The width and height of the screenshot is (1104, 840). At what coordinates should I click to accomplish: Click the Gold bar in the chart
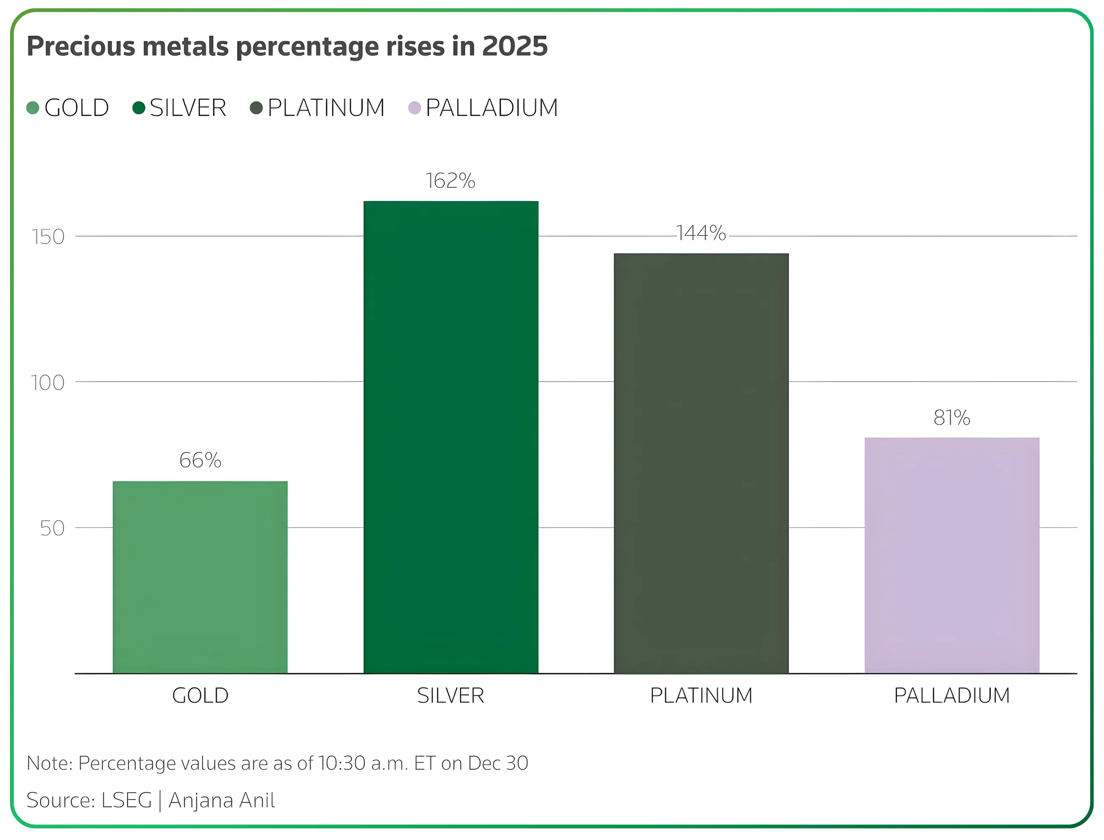[x=200, y=577]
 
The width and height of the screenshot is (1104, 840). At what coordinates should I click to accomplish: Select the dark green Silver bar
[x=451, y=437]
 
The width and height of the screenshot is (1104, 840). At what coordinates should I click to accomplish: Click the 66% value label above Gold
[x=200, y=460]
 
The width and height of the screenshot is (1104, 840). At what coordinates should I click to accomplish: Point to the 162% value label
[x=450, y=181]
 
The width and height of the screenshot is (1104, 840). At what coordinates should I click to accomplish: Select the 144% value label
[x=701, y=233]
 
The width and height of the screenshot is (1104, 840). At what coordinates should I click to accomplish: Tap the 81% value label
[x=951, y=418]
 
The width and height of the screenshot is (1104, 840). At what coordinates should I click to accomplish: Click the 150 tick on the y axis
[x=48, y=237]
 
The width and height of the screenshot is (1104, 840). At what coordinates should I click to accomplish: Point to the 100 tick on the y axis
[x=48, y=383]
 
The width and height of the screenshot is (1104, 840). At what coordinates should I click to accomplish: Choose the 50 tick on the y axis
[x=52, y=529]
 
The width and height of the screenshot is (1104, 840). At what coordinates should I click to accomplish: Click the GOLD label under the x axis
[x=200, y=695]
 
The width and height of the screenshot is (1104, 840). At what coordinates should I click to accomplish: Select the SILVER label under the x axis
[x=450, y=695]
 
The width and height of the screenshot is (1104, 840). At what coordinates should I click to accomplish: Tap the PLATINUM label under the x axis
[x=701, y=695]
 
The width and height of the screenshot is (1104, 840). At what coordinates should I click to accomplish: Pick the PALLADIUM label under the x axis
[x=951, y=695]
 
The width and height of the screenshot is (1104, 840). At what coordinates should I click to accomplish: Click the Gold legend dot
[x=33, y=108]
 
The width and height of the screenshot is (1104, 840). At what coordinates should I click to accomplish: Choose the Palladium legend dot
[x=414, y=108]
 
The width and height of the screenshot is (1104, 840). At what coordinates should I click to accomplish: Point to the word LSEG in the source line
[x=127, y=800]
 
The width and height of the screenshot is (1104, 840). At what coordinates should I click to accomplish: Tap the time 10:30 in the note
[x=342, y=763]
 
